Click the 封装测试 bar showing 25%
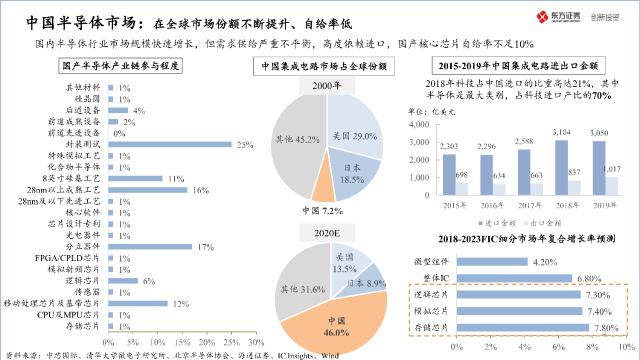(x=170, y=144)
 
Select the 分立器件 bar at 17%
(x=150, y=246)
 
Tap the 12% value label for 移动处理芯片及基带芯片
(x=181, y=304)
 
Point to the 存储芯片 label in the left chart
(x=83, y=326)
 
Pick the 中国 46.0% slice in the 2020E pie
(x=335, y=325)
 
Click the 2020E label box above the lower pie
(x=327, y=233)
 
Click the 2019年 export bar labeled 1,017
(x=612, y=186)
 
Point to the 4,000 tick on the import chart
(x=418, y=124)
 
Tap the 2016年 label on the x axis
(x=492, y=205)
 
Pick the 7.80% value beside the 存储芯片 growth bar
(x=606, y=328)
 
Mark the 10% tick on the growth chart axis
(x=622, y=346)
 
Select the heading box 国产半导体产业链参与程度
(x=120, y=66)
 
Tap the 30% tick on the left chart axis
(x=256, y=343)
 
